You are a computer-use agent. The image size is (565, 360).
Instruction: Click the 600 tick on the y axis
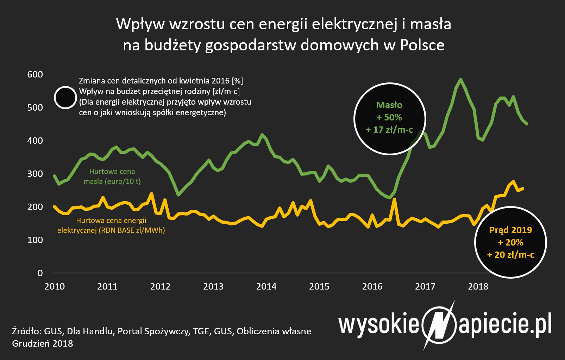(35, 74)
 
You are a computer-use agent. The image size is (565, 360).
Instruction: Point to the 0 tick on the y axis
(40, 273)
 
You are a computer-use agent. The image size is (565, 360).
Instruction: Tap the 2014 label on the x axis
(266, 286)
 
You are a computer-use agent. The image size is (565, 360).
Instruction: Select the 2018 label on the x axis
(478, 286)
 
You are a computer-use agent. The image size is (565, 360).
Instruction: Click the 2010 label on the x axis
(55, 286)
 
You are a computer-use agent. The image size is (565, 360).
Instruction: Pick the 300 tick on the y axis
(35, 174)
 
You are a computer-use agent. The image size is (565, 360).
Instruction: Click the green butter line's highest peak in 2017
(460, 79)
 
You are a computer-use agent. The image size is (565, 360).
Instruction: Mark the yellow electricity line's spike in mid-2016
(394, 199)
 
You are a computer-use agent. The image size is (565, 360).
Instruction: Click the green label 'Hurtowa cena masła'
(112, 176)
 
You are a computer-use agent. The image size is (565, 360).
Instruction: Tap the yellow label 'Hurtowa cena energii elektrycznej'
(111, 225)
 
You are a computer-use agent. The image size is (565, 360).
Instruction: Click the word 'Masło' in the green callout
(389, 105)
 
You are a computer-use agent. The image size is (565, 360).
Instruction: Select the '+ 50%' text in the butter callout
(389, 117)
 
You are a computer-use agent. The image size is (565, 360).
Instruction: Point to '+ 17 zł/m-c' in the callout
(389, 130)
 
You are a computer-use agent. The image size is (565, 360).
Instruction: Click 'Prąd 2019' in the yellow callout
(510, 230)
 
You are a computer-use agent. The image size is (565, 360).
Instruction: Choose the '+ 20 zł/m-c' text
(510, 255)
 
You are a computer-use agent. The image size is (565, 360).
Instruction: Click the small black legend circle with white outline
(65, 98)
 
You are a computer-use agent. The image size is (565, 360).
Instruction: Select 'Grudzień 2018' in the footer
(43, 343)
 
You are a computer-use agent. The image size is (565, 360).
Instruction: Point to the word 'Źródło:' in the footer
(27, 331)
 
